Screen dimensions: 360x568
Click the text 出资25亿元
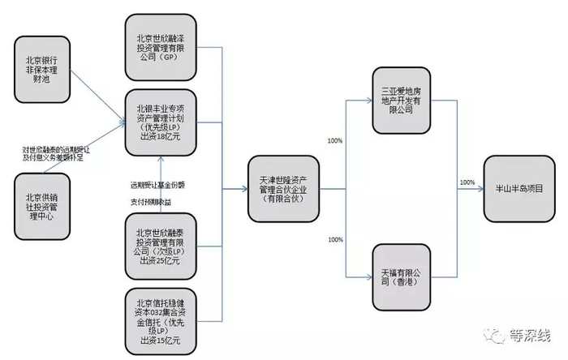coord(161,260)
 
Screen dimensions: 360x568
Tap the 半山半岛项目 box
coord(519,187)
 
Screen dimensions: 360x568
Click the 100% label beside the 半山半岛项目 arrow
coord(467,182)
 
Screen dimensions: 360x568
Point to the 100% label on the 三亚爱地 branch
coord(334,141)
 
